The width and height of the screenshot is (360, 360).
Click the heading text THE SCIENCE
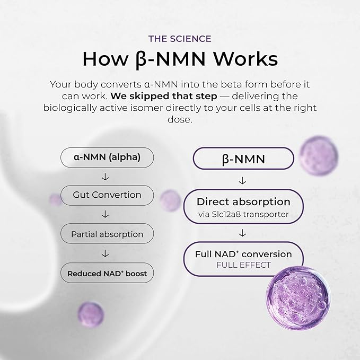(180, 39)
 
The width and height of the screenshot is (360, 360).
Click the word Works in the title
(245, 59)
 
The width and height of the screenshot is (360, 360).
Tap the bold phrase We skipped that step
(164, 96)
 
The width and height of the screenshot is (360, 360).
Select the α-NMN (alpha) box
(107, 157)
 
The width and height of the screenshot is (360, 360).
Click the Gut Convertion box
(107, 195)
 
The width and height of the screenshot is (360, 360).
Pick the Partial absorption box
(107, 234)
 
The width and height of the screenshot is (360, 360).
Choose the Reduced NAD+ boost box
(107, 273)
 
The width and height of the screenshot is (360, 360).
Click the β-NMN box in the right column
(243, 159)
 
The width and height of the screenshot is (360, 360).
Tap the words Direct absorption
(243, 202)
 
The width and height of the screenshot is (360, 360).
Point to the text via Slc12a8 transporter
(243, 214)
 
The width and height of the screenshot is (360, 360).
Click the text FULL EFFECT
(243, 265)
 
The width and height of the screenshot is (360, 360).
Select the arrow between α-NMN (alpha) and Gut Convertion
(105, 177)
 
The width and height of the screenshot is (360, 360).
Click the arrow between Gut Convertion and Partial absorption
(105, 214)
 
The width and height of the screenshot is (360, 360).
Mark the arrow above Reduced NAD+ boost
(105, 253)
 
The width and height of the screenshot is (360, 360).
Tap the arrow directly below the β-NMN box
(242, 181)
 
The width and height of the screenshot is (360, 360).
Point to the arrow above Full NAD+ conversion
(242, 233)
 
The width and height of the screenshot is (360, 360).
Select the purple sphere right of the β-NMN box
(319, 155)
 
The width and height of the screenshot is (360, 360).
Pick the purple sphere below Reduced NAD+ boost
(91, 314)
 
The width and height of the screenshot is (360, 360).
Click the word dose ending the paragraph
(180, 119)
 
